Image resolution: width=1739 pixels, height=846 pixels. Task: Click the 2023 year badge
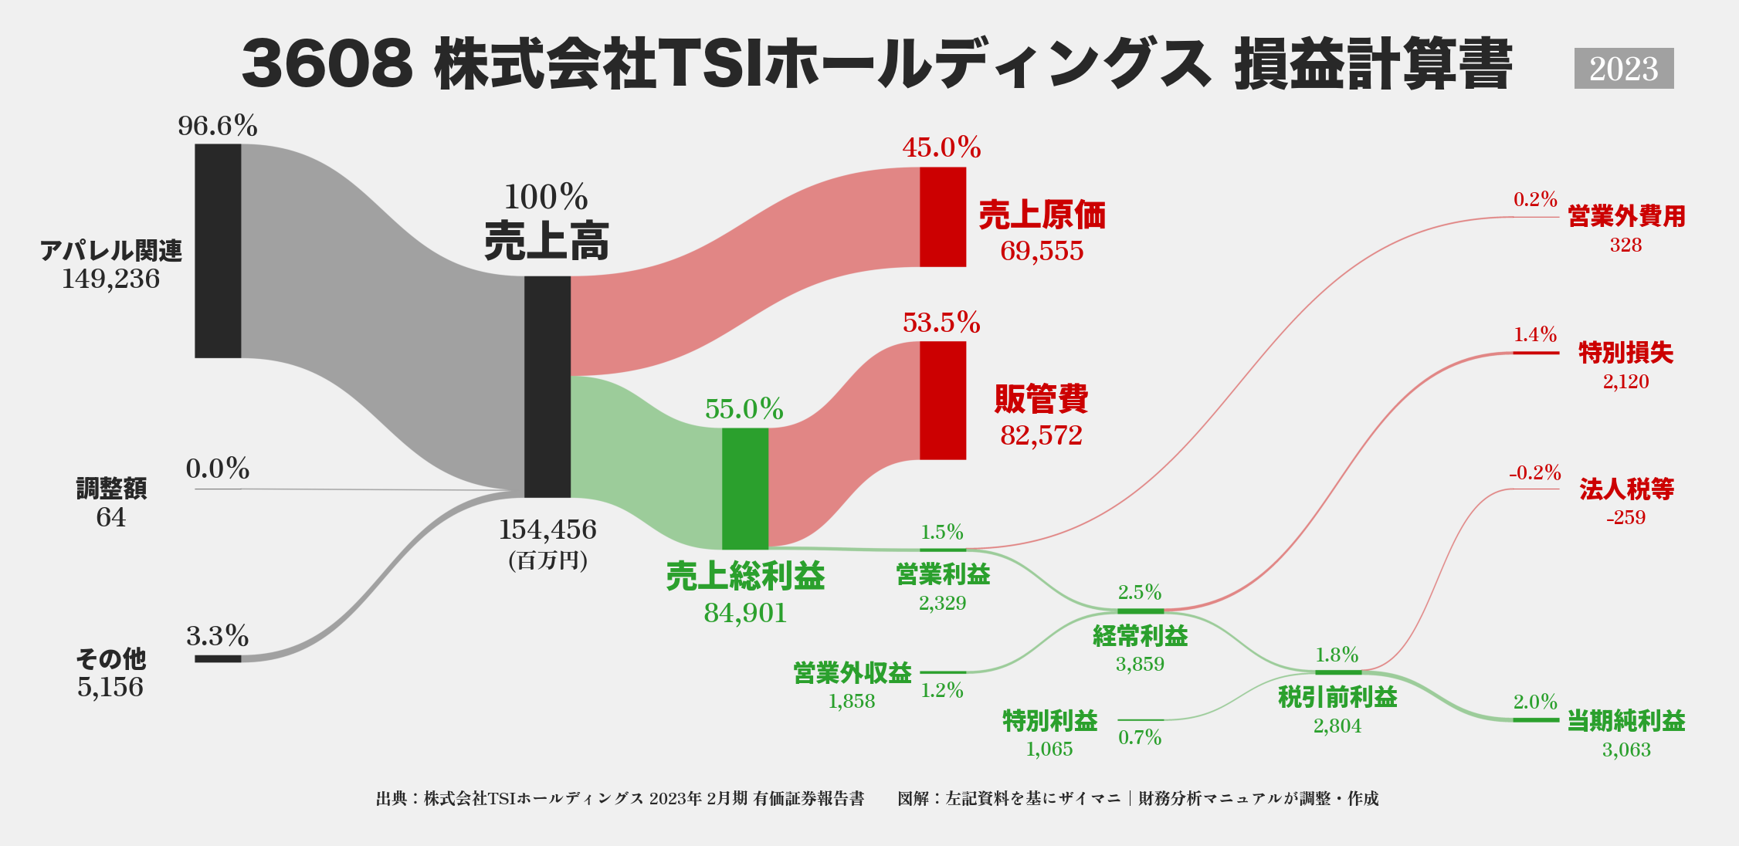[1623, 69]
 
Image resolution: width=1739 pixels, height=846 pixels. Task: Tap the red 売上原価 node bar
[942, 217]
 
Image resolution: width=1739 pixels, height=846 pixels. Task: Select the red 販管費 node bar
[942, 401]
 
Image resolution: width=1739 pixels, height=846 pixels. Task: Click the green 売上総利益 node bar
[744, 489]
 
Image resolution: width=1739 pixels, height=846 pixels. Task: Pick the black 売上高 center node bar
[547, 387]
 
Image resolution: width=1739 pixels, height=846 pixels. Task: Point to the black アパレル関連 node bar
[218, 251]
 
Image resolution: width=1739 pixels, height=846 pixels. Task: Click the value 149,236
[110, 279]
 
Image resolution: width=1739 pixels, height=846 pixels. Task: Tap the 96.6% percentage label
[217, 125]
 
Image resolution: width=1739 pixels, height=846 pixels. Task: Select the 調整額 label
[111, 488]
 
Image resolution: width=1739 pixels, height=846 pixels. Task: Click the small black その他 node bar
[218, 658]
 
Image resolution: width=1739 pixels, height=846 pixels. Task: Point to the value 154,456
[547, 530]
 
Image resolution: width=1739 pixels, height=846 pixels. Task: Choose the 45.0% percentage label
[941, 147]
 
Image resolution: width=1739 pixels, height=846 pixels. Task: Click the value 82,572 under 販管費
[1041, 435]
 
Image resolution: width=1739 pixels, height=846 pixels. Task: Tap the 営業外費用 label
[1626, 216]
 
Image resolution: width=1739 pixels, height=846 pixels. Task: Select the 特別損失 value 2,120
[1625, 381]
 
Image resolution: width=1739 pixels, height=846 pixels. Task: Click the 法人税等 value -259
[1625, 517]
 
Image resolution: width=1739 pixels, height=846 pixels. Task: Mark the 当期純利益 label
[1626, 721]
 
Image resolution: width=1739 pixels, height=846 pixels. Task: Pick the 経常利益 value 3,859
[1140, 664]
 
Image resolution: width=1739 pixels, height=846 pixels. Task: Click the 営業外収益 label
[852, 673]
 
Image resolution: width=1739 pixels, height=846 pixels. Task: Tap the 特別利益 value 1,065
[1049, 749]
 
